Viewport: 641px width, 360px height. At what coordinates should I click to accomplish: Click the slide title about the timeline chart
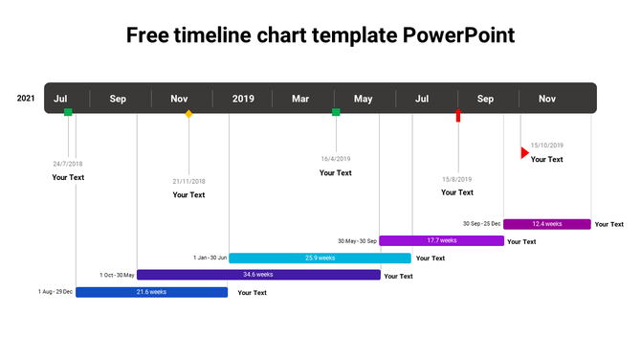320,36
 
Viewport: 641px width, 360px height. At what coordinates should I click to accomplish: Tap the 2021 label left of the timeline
26,98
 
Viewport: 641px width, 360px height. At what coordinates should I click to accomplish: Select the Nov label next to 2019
179,99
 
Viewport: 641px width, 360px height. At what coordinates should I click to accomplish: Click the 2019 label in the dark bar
243,99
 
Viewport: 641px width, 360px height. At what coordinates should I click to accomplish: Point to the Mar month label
300,99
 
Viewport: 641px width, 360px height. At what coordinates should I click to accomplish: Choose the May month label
364,99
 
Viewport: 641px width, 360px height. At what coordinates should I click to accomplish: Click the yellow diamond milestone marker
188,114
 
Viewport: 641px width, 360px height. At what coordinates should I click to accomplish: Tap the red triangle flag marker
524,152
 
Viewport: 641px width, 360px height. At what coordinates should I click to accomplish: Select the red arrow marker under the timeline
458,116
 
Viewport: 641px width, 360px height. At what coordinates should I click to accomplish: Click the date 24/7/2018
68,164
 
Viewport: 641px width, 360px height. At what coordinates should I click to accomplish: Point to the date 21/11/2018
188,181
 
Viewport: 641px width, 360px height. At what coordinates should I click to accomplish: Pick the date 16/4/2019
336,159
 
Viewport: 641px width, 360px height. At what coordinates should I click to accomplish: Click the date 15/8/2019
456,179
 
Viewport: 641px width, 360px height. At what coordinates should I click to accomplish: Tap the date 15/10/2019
547,146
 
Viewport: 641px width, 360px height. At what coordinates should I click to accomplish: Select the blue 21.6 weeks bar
151,292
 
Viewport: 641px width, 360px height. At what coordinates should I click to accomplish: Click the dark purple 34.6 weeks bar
258,275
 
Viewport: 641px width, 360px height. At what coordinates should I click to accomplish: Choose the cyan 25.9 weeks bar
320,258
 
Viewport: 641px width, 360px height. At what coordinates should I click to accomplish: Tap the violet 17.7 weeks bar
441,240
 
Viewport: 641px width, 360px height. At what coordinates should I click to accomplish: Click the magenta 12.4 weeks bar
546,224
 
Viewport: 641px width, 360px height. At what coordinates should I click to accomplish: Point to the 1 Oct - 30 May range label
117,275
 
